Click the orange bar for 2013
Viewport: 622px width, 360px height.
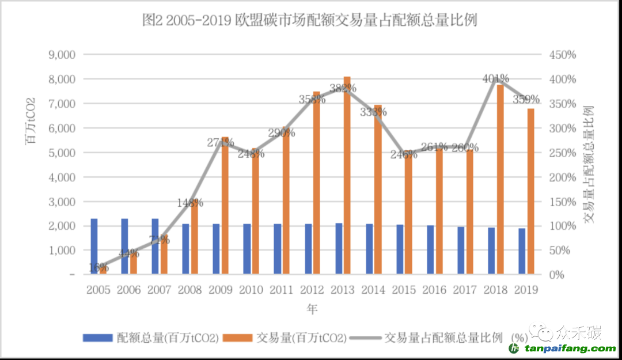347,176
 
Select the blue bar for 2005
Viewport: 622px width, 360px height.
94,247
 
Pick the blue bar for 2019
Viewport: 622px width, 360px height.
522,251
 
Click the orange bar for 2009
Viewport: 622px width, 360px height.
225,206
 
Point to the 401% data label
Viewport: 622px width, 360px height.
496,78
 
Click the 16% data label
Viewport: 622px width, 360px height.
99,267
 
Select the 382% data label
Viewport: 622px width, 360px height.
343,88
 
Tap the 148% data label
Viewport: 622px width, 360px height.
190,203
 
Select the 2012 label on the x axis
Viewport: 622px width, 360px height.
312,290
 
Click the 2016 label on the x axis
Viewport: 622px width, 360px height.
434,290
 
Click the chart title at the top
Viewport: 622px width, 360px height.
310,20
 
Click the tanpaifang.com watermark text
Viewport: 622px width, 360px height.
570,349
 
